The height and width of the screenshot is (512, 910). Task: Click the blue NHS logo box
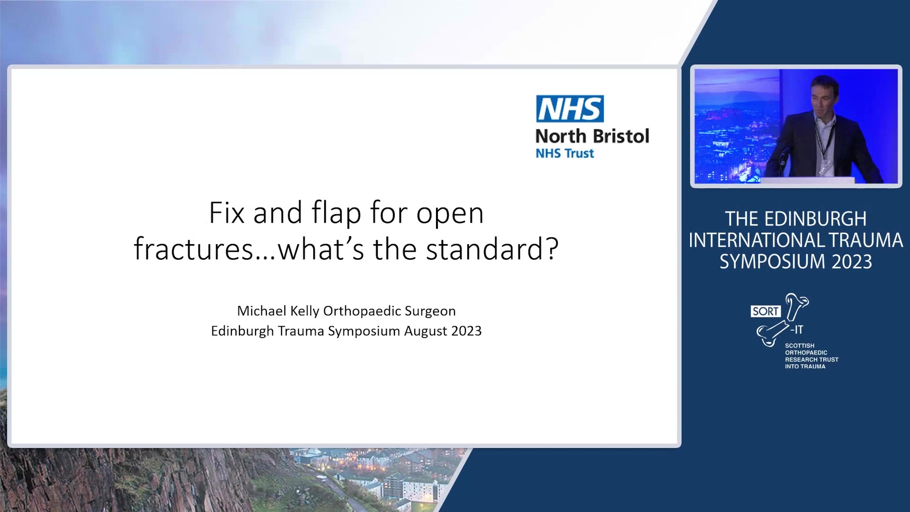pos(570,109)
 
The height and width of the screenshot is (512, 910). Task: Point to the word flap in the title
pos(336,213)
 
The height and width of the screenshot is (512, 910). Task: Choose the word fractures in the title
pos(194,249)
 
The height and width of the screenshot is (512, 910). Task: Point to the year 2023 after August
pos(466,331)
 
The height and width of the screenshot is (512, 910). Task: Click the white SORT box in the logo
pos(765,311)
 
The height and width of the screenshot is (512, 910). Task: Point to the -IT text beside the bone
pos(797,329)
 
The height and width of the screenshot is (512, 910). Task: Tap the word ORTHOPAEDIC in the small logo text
pos(806,353)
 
